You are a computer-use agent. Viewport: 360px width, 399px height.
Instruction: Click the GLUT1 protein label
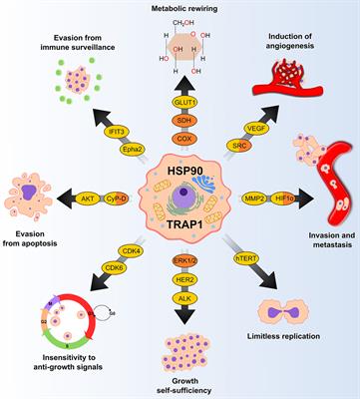click(x=180, y=102)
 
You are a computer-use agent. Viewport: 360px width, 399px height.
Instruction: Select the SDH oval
click(x=180, y=120)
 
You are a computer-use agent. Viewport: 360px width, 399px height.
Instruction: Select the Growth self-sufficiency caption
click(x=180, y=384)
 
